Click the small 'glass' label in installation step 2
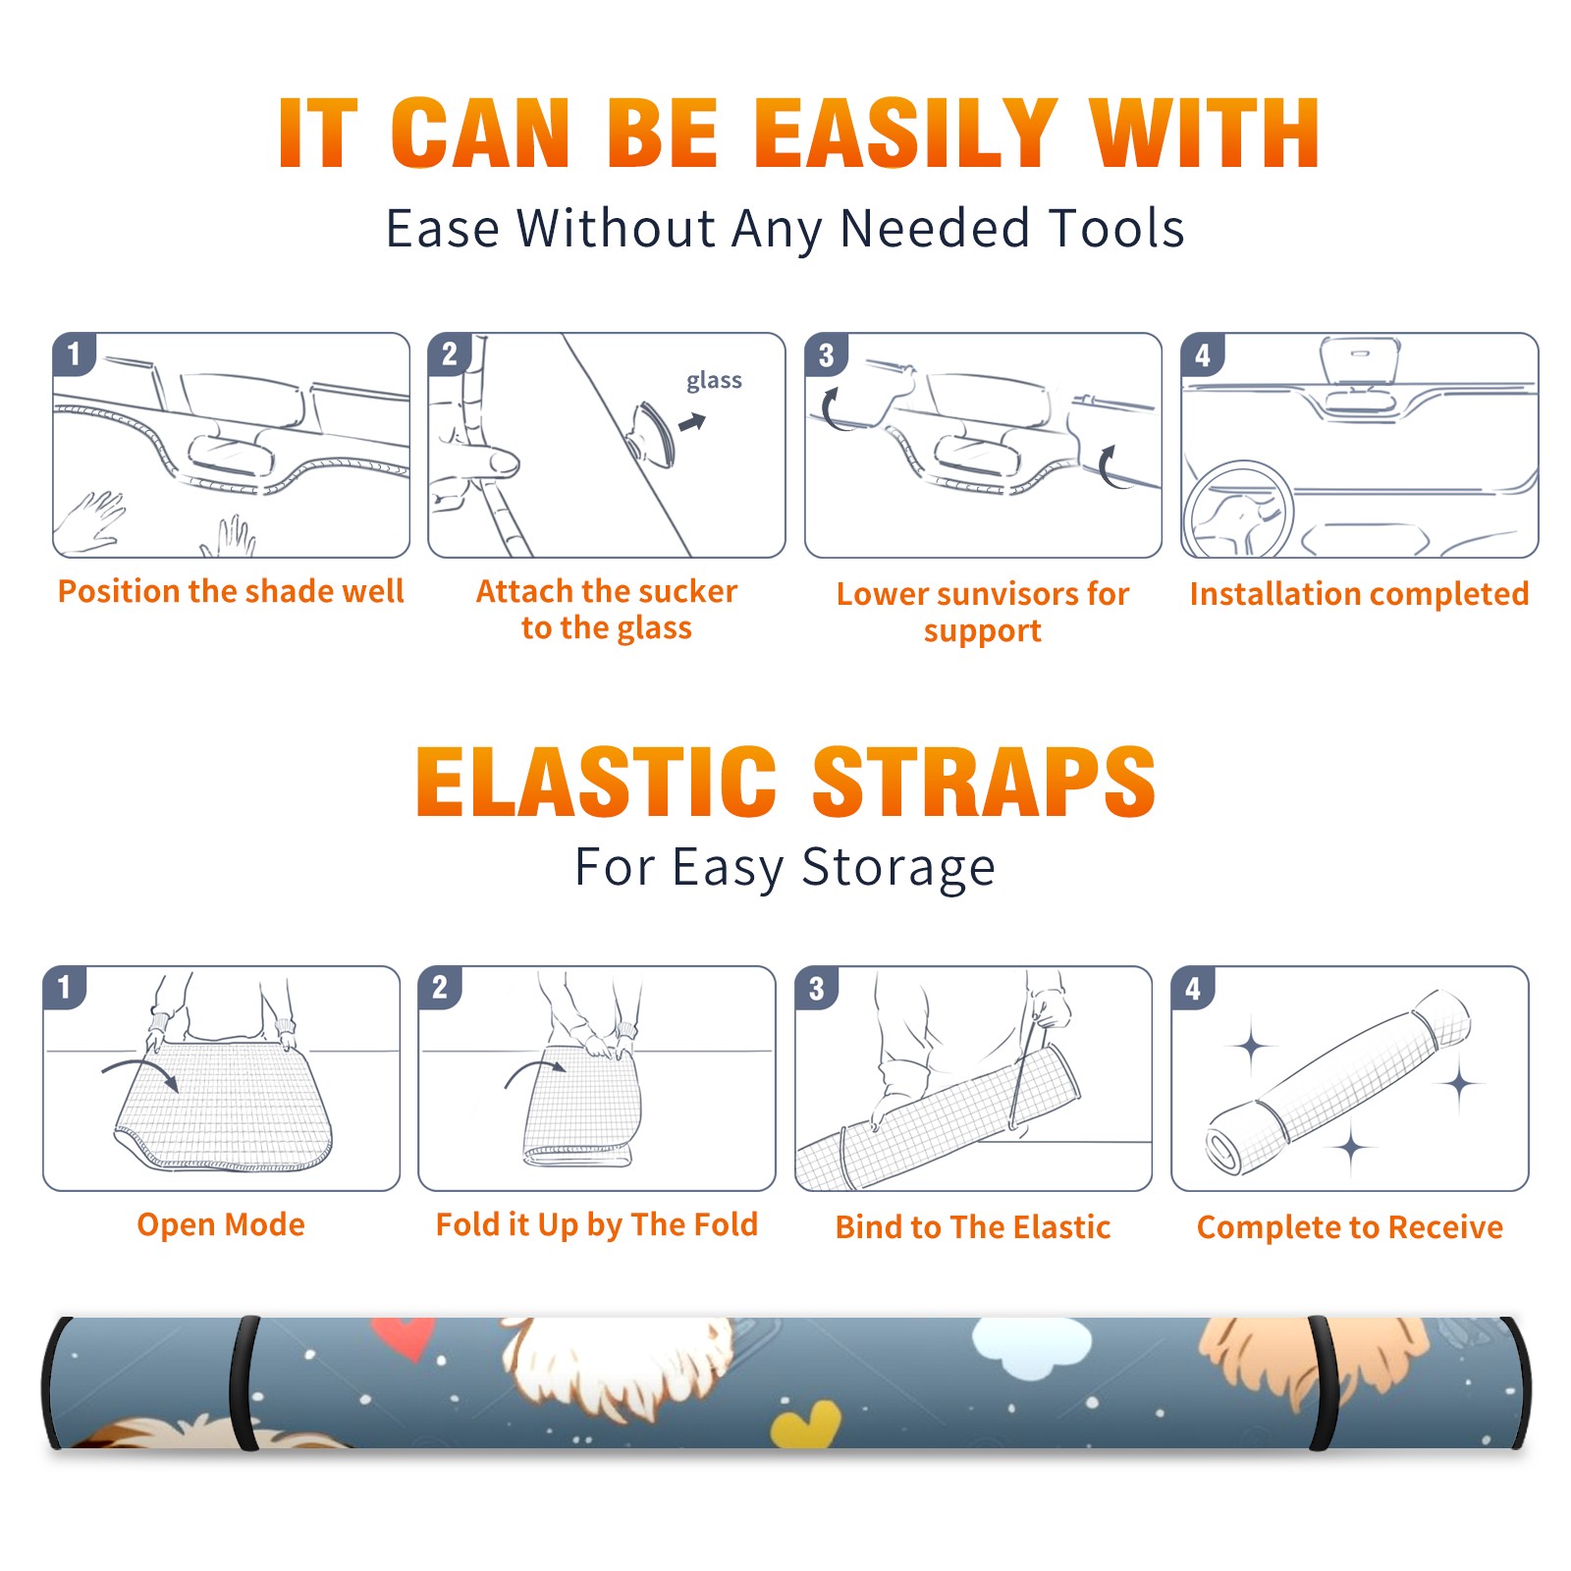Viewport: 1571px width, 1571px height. click(x=714, y=381)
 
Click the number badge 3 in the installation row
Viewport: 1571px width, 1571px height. click(x=826, y=355)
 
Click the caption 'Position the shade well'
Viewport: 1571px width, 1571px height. click(x=231, y=591)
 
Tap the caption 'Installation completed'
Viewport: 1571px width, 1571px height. click(x=1359, y=594)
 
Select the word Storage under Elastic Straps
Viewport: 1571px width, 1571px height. click(x=898, y=868)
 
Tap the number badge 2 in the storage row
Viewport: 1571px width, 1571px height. click(x=440, y=988)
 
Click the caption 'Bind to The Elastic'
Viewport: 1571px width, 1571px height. click(x=972, y=1227)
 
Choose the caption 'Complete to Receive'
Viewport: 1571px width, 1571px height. click(x=1350, y=1227)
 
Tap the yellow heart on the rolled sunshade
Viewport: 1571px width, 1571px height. click(x=806, y=1425)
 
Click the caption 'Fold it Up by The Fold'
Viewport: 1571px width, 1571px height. click(x=597, y=1225)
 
